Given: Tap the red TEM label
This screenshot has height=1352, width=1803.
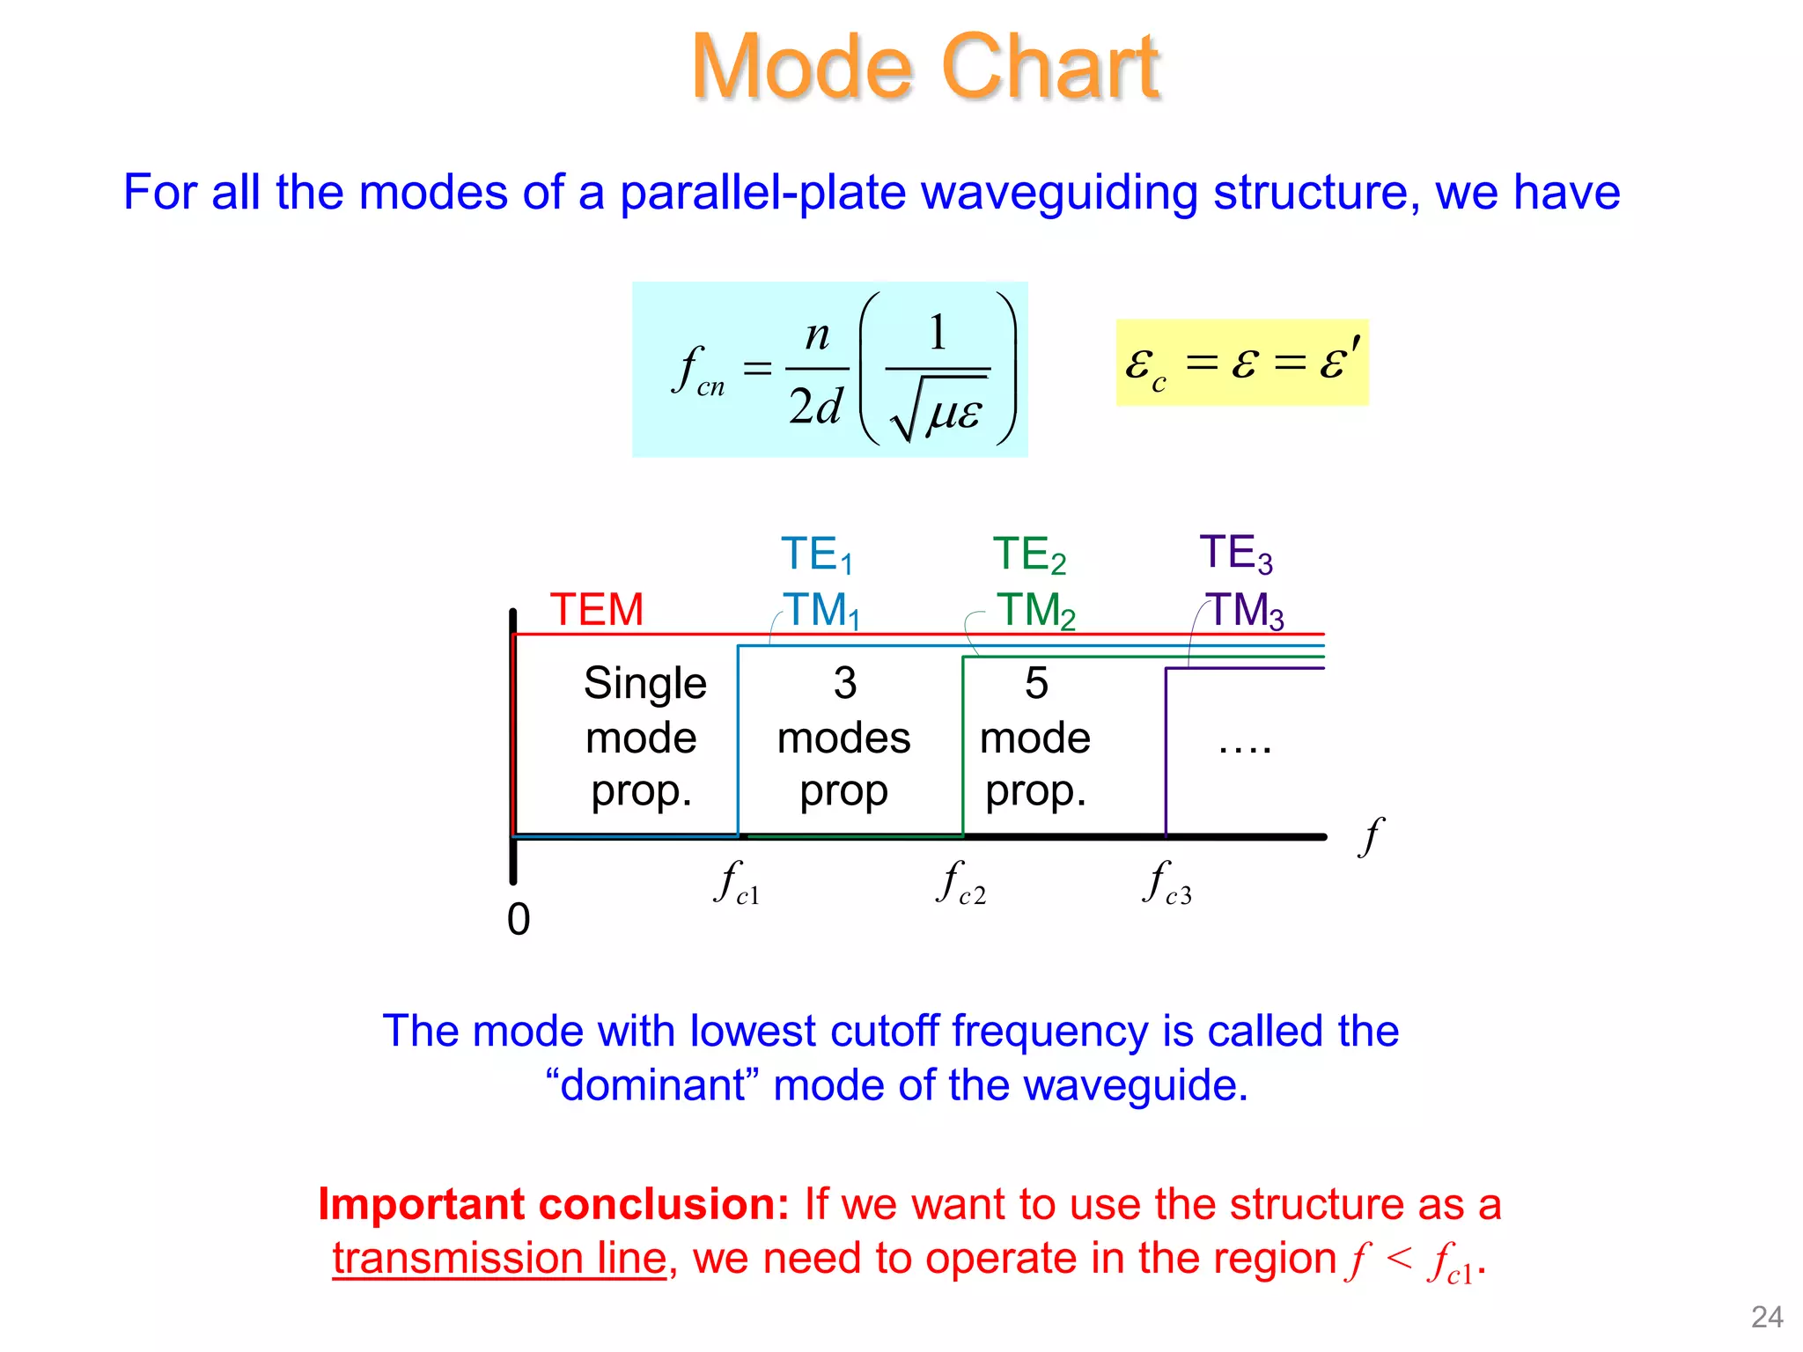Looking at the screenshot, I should pos(597,609).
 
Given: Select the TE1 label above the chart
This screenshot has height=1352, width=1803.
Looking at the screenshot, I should pos(816,555).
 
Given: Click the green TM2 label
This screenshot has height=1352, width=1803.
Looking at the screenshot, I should pos(1035,610).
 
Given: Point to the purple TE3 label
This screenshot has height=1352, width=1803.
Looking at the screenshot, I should pos(1235,553).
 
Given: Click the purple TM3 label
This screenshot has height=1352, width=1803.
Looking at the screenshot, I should pos(1245,610).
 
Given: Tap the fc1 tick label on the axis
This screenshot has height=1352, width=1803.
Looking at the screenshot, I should pos(736,883).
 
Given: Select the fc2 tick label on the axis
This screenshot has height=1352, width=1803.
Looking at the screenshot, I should pos(960,883).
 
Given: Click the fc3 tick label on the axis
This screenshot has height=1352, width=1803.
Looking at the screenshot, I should pos(1167,883).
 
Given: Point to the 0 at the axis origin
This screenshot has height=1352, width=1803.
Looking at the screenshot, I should pos(519,920).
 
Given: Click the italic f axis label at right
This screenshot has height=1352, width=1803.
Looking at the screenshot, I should pos(1371,835).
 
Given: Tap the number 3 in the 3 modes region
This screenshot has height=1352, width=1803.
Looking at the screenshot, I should pos(844,683).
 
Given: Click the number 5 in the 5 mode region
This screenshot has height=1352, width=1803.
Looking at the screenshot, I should pos(1036,683).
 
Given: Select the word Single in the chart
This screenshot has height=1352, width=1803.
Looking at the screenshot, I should pos(644,683).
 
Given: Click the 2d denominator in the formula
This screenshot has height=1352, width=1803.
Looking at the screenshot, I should pos(815,407).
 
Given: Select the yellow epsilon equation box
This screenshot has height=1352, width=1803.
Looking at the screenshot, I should pos(1241,363).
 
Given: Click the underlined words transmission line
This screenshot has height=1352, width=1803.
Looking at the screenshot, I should pos(499,1258).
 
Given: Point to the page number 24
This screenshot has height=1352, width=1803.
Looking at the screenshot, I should pos(1767,1317).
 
